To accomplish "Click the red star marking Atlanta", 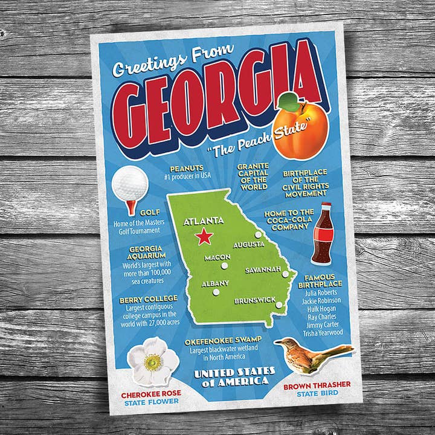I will [x=204, y=236].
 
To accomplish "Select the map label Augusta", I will [x=249, y=244].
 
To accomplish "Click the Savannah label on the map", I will [x=263, y=269].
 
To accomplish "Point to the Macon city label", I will [x=217, y=257].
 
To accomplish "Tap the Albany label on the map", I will [x=215, y=283].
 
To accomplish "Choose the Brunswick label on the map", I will [x=255, y=299].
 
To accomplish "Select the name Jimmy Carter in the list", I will [x=323, y=324].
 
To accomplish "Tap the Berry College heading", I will [x=149, y=298].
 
